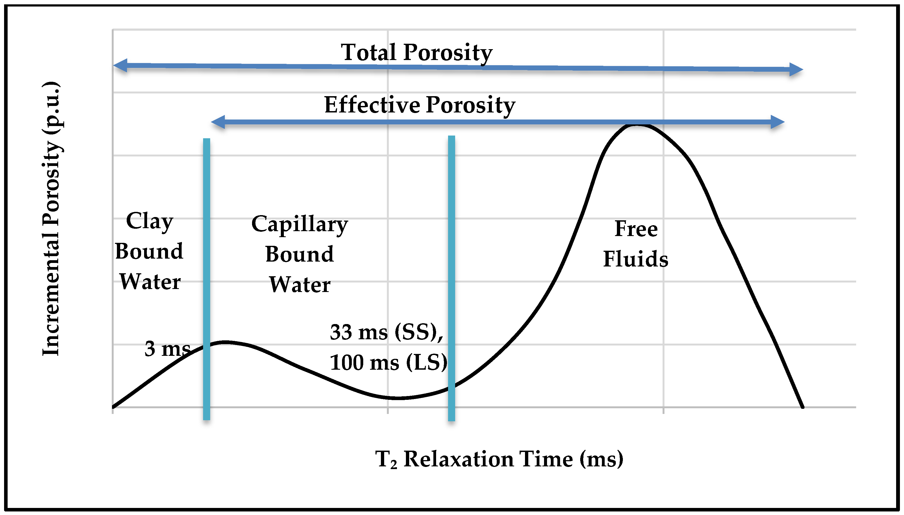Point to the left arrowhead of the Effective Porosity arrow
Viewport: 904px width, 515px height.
point(218,122)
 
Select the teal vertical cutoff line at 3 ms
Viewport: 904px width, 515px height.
point(207,280)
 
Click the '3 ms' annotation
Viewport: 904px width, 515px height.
point(167,349)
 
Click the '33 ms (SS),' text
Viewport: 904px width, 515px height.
point(386,332)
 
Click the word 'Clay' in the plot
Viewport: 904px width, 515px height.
point(149,221)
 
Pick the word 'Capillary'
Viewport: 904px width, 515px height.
point(299,224)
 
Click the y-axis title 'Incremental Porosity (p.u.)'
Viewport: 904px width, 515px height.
point(51,219)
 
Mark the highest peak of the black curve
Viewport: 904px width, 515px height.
point(636,125)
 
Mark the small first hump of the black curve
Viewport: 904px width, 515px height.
point(225,342)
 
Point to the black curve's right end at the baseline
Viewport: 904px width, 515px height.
point(802,407)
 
